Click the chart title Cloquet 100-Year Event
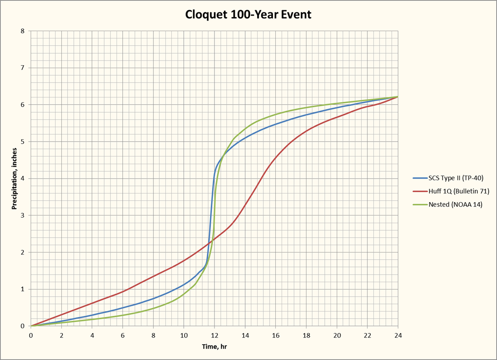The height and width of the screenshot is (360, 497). pos(248,14)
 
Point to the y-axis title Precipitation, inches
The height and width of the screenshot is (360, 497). pos(15,179)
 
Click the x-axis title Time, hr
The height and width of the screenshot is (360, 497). pos(214,347)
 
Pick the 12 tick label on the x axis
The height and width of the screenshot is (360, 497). pos(214,335)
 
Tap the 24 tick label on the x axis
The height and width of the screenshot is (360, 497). pos(398,335)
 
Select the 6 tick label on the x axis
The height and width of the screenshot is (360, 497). pos(123,335)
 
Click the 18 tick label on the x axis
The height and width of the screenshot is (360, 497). pos(306,335)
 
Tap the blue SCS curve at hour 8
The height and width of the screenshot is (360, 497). pos(154,298)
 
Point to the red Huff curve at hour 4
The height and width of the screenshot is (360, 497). pos(93,303)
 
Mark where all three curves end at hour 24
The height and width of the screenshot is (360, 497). pos(397,97)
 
